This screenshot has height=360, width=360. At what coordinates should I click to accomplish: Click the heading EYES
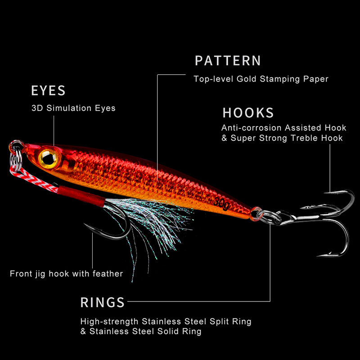coord(48,90)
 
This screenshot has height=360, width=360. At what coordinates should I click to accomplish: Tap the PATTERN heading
coord(228,61)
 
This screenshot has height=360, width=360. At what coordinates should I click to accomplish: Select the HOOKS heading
coord(248,112)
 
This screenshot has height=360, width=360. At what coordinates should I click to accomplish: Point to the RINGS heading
coord(103,302)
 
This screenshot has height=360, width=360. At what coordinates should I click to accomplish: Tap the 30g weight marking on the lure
coord(221,203)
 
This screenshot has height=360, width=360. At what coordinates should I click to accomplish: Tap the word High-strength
coord(110,322)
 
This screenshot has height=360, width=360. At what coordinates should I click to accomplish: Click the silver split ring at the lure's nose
coord(16,148)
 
